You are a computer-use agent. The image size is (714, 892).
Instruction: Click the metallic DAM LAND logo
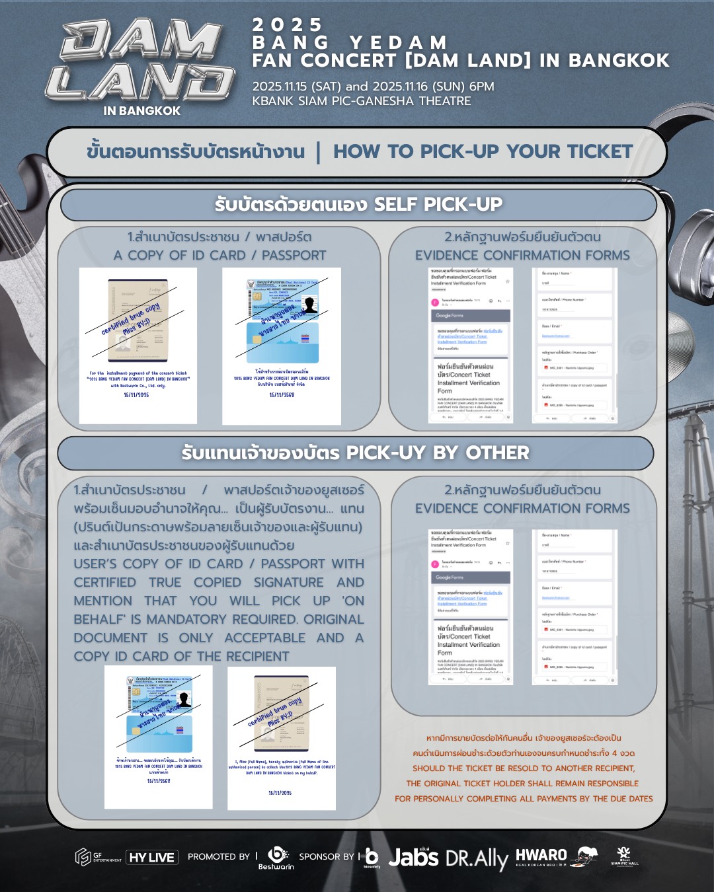[140, 59]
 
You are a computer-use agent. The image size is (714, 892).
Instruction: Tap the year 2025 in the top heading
[287, 25]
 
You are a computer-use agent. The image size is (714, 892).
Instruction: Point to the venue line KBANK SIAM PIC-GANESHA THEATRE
[362, 101]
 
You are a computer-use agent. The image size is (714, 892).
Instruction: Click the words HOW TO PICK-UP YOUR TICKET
[483, 151]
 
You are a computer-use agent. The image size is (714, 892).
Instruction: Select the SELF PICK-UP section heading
[438, 204]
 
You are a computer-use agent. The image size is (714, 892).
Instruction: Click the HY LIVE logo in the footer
[151, 858]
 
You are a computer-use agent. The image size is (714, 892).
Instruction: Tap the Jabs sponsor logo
[413, 858]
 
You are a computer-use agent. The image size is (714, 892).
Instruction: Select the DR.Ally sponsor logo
[477, 859]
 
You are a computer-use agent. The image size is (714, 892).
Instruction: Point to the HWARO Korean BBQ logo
[542, 857]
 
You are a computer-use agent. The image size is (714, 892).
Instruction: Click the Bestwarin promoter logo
[276, 858]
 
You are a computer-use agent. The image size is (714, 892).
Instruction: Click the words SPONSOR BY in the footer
[326, 856]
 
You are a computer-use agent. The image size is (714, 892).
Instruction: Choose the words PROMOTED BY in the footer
[219, 856]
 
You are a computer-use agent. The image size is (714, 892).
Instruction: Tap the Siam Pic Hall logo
[624, 856]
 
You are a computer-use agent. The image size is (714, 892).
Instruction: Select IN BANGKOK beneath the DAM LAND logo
[142, 111]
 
